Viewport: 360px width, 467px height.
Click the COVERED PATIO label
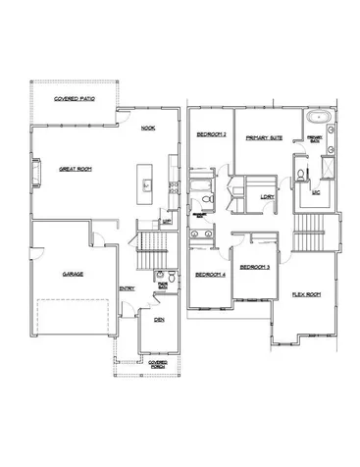(73, 100)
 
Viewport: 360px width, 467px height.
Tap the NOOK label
(148, 129)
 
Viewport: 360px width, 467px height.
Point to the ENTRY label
(128, 287)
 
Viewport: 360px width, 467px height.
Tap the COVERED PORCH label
(158, 363)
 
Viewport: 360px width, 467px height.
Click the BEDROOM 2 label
(211, 135)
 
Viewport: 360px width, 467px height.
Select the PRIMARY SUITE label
(265, 138)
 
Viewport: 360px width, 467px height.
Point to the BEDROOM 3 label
(255, 266)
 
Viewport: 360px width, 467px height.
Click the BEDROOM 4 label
(210, 275)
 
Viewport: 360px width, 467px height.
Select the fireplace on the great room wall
(35, 172)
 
